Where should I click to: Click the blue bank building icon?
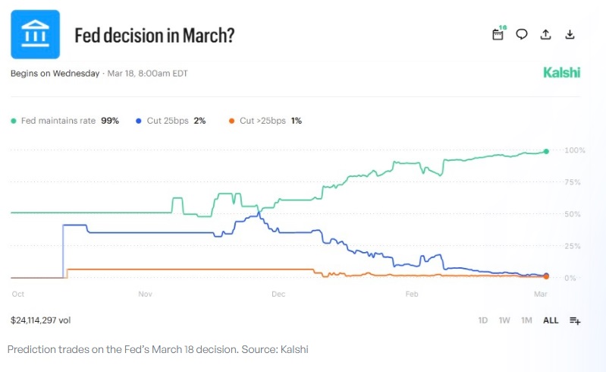[35, 34]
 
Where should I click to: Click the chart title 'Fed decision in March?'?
[154, 35]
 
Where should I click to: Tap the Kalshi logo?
[561, 73]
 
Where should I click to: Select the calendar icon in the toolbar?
[498, 34]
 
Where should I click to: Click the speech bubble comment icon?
[522, 34]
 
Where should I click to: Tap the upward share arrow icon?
[545, 34]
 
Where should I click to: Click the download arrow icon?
[570, 34]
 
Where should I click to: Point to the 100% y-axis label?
[574, 150]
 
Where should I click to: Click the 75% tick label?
[573, 182]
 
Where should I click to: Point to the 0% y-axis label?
[570, 278]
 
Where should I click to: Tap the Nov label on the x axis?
[145, 293]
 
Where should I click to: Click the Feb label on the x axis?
[412, 293]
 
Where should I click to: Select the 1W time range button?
[504, 320]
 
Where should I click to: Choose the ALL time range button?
[551, 320]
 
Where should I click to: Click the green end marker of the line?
[546, 151]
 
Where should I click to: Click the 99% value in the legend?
[110, 121]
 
